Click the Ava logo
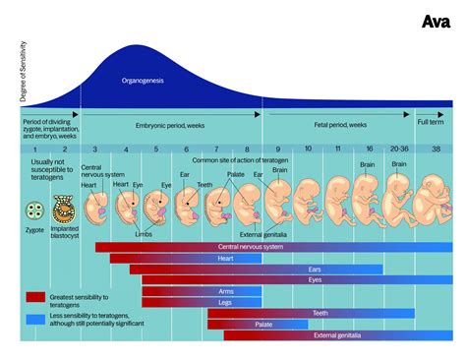pos(435,22)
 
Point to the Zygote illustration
pos(36,209)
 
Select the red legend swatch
pos(36,295)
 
